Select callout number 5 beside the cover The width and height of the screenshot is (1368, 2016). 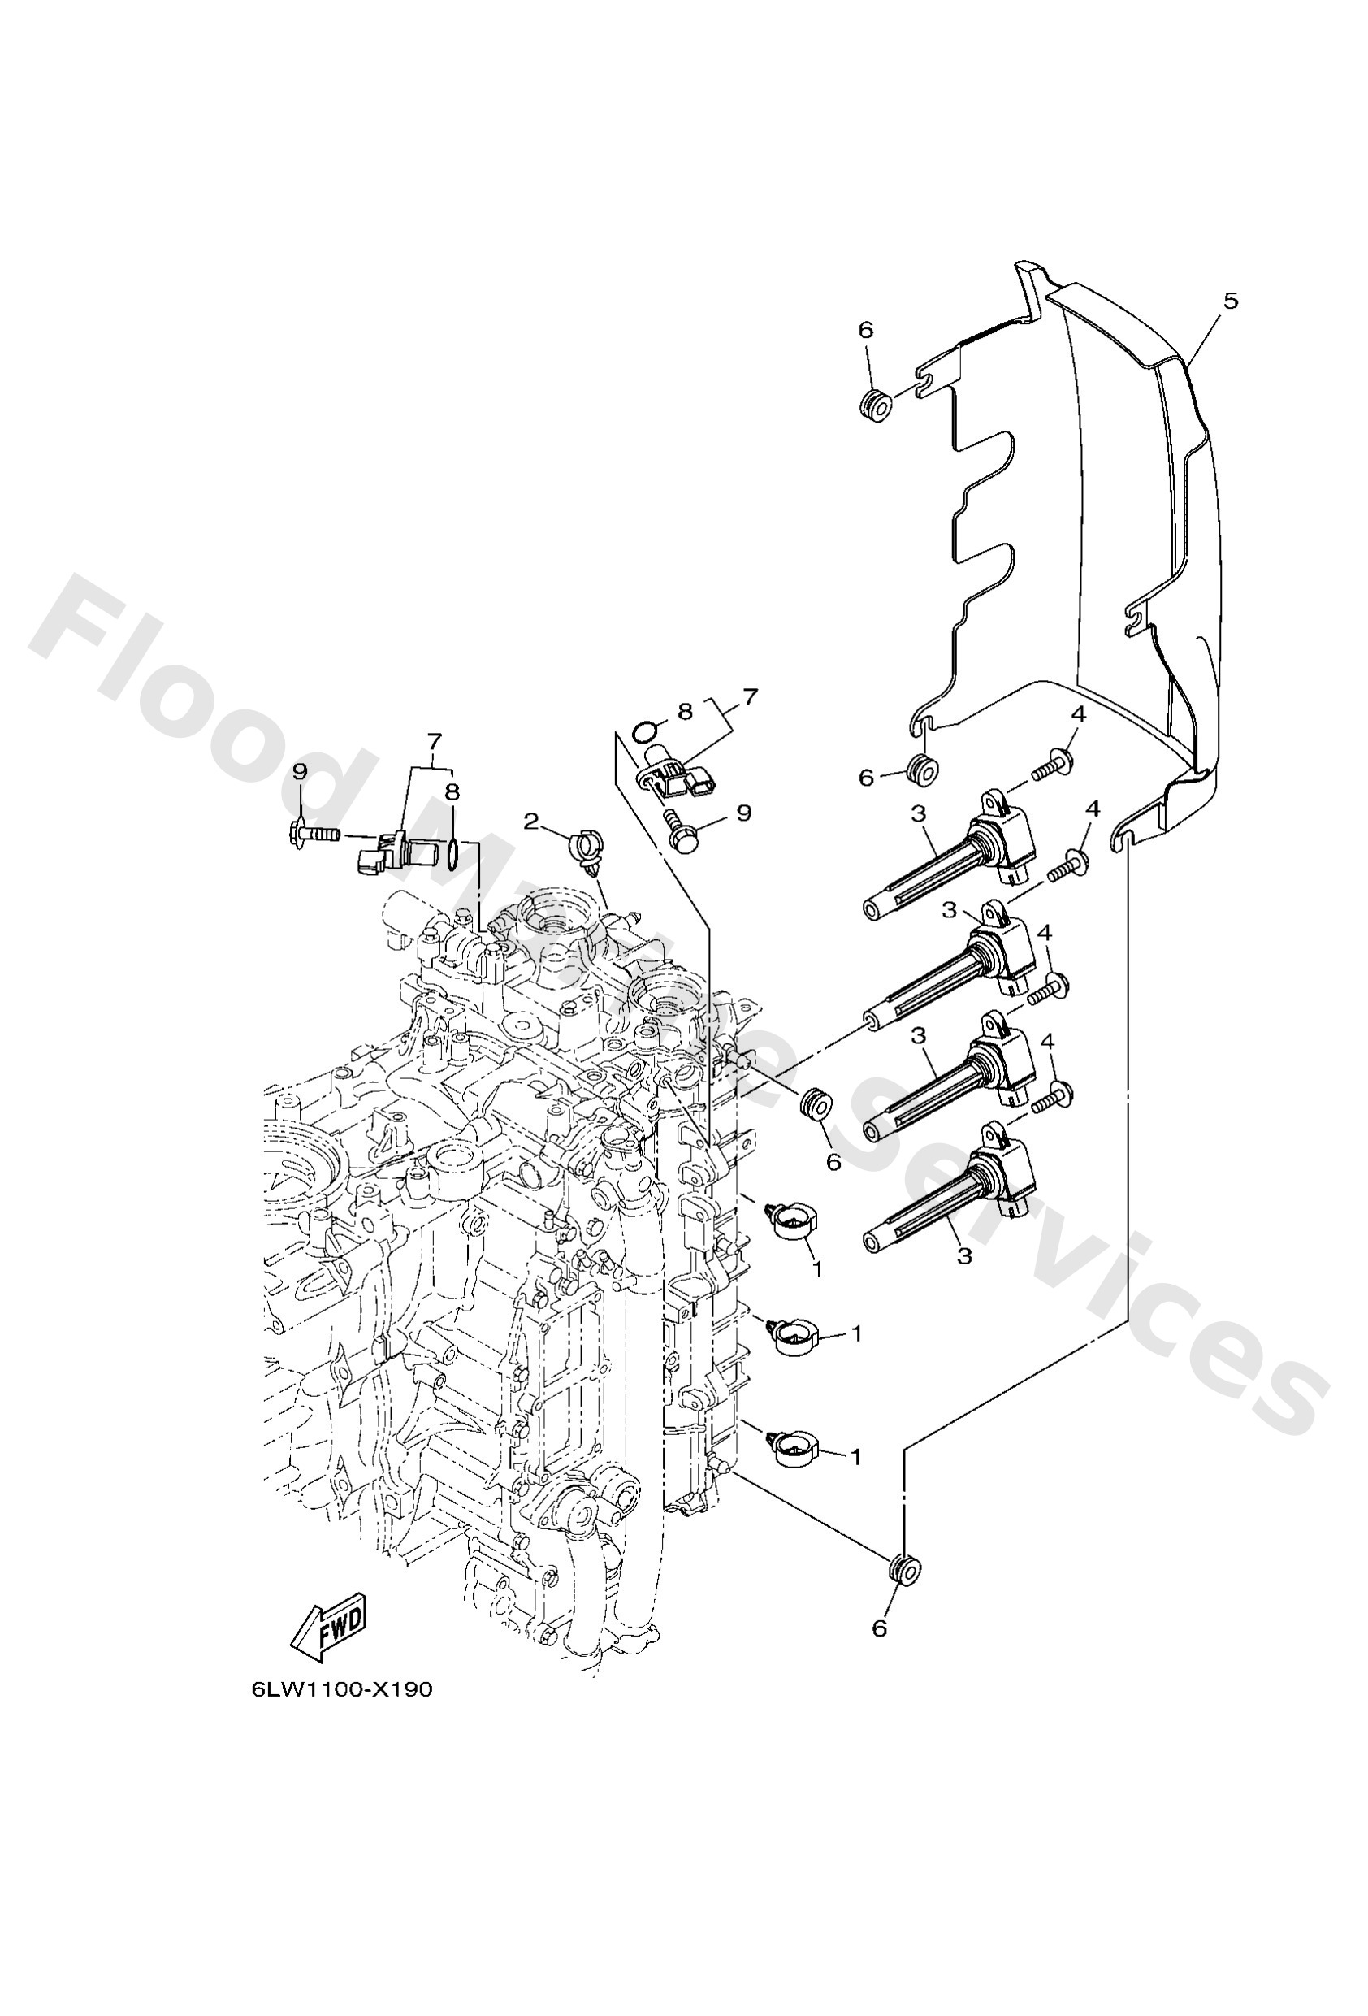1230,301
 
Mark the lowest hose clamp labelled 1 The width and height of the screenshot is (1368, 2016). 791,1450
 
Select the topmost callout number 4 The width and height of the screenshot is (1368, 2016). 1078,715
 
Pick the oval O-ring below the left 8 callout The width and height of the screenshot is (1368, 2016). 452,852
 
